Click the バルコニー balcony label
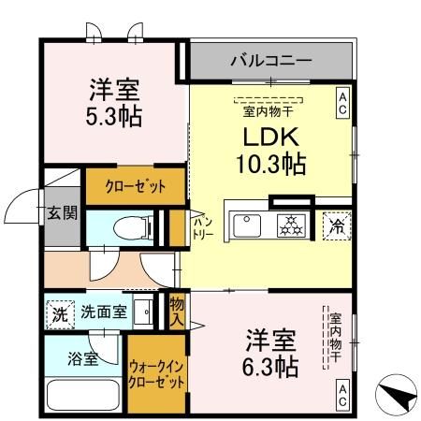click(x=271, y=62)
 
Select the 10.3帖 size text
click(x=269, y=166)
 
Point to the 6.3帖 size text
click(x=271, y=365)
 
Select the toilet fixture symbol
click(x=128, y=227)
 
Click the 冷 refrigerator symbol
click(x=337, y=225)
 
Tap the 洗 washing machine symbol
click(x=59, y=312)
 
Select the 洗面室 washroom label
click(x=102, y=312)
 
